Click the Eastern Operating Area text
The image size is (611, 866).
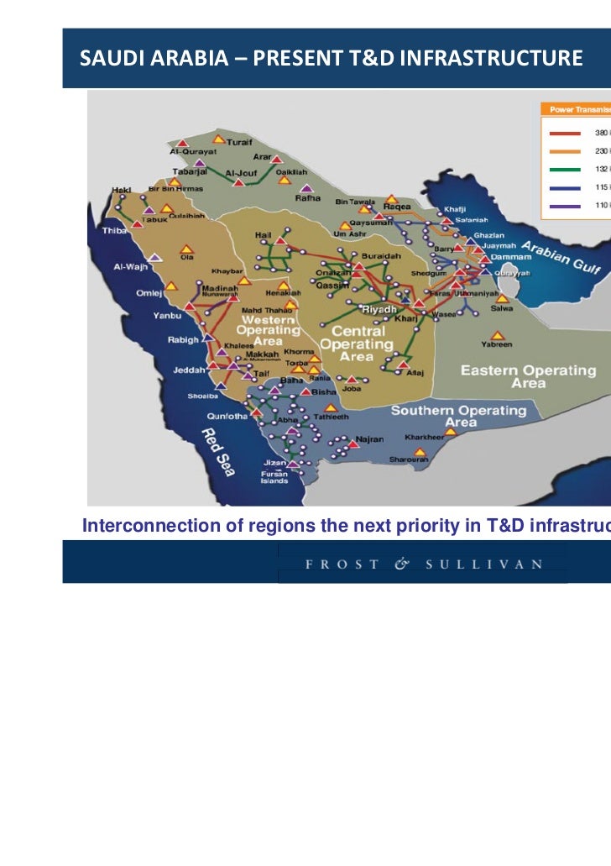click(x=528, y=376)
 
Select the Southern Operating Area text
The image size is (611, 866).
click(x=458, y=417)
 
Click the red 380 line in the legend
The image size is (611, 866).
click(x=564, y=133)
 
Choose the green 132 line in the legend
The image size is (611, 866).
click(x=564, y=169)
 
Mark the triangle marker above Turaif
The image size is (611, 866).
click(x=219, y=138)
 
